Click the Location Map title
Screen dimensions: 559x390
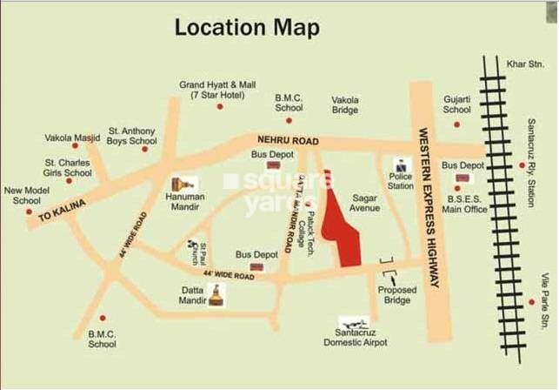247,27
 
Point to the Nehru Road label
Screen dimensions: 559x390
288,140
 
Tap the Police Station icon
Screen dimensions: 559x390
401,165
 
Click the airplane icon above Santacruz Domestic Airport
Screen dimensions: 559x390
353,323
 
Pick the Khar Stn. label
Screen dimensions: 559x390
525,64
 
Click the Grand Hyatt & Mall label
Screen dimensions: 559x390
217,90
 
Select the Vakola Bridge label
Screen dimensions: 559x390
345,105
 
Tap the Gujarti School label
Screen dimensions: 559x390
456,105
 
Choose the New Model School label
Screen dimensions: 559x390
27,195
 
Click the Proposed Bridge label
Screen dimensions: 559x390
396,294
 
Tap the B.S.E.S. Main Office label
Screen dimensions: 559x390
464,205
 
